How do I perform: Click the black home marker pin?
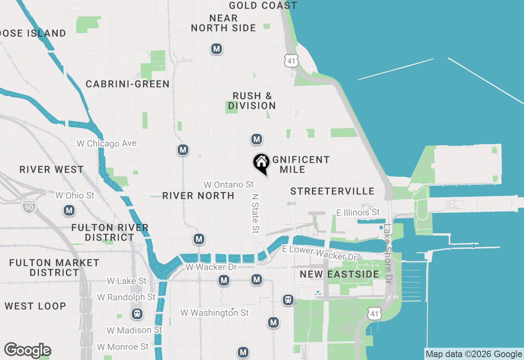(x=261, y=163)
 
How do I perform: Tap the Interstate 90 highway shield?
(x=29, y=206)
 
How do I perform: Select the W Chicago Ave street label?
(x=106, y=144)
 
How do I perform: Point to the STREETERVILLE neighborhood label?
(x=332, y=191)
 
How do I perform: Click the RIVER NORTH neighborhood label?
(x=198, y=196)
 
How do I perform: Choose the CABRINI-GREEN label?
(x=128, y=84)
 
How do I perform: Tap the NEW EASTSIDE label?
(x=339, y=274)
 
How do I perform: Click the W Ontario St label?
(x=228, y=185)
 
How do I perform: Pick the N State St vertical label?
(x=255, y=214)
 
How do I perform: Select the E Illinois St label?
(x=358, y=212)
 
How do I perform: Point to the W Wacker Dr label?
(x=211, y=267)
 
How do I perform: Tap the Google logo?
(x=27, y=351)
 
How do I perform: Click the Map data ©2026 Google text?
(x=474, y=354)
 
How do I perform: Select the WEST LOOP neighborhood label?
(x=35, y=306)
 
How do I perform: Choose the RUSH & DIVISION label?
(x=252, y=101)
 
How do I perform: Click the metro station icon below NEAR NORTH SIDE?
(x=217, y=49)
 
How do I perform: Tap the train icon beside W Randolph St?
(x=137, y=314)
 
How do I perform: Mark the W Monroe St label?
(x=123, y=347)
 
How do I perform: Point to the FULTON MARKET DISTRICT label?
(x=54, y=268)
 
